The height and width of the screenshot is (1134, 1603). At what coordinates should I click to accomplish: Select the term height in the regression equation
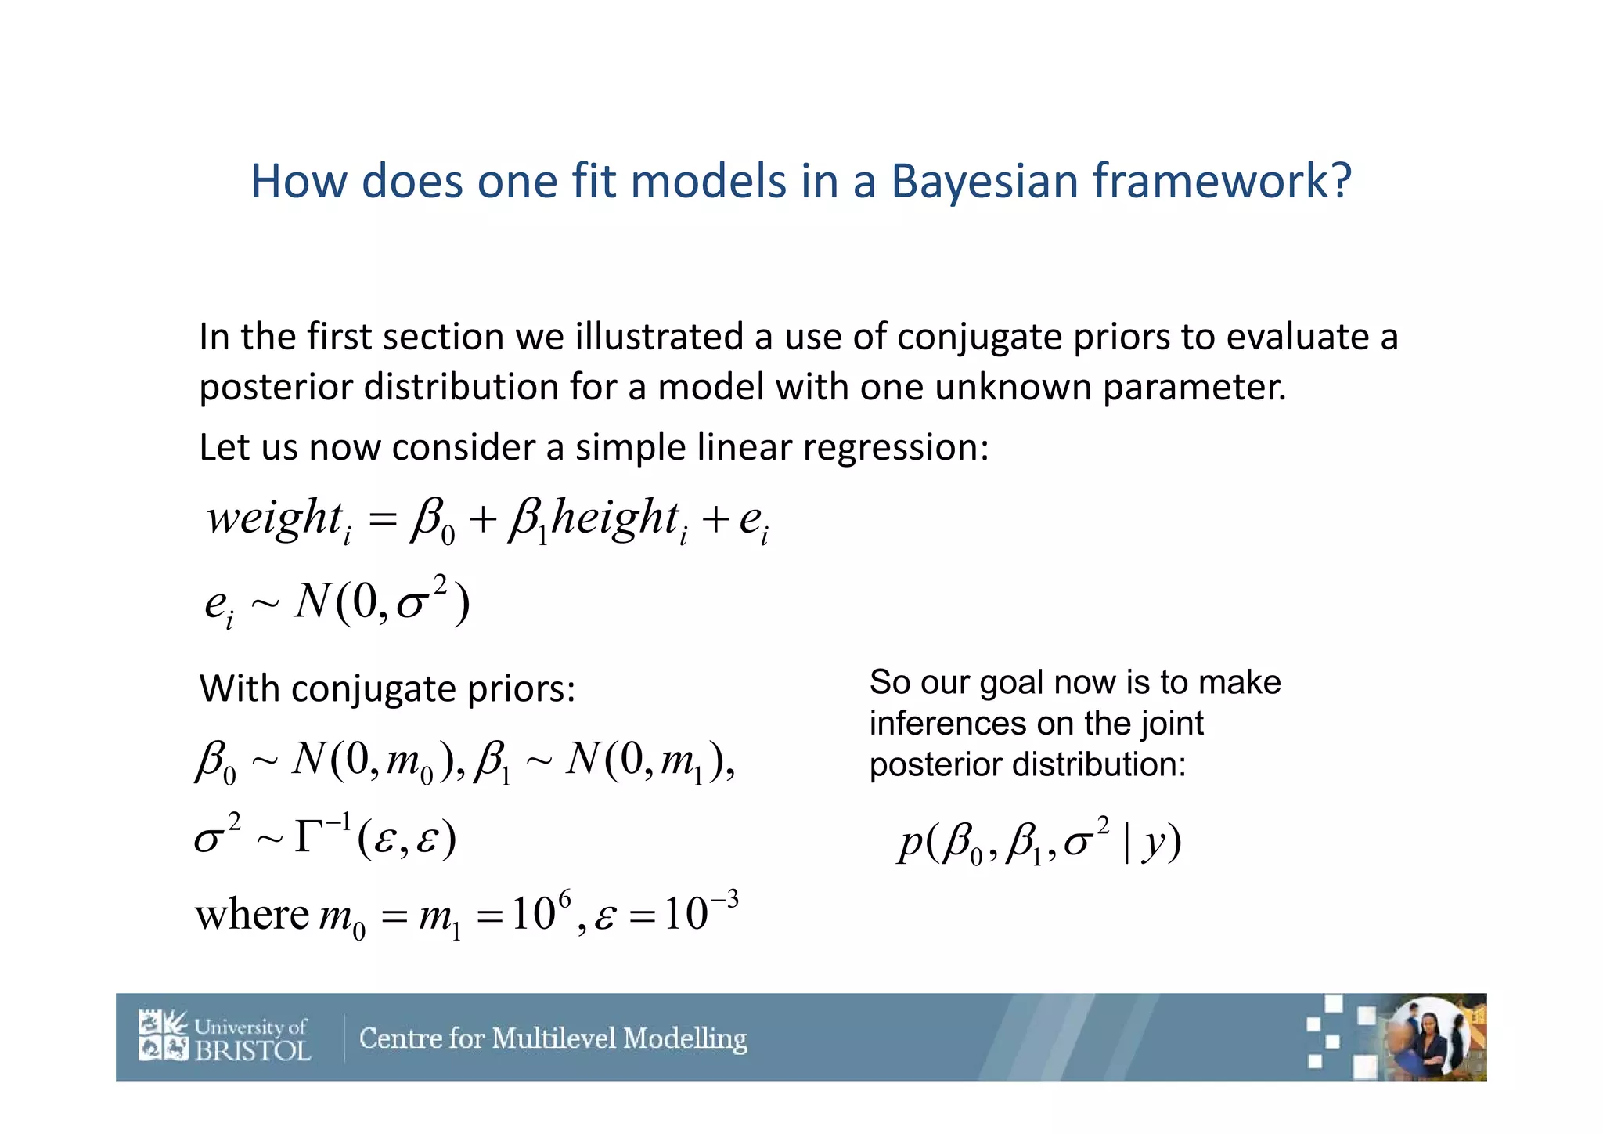coord(614,518)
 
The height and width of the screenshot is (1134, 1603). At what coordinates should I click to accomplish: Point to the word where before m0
coord(251,914)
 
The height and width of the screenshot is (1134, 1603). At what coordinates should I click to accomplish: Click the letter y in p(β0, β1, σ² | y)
coord(1152,843)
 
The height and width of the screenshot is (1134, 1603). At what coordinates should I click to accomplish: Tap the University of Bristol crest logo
coord(164,1035)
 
